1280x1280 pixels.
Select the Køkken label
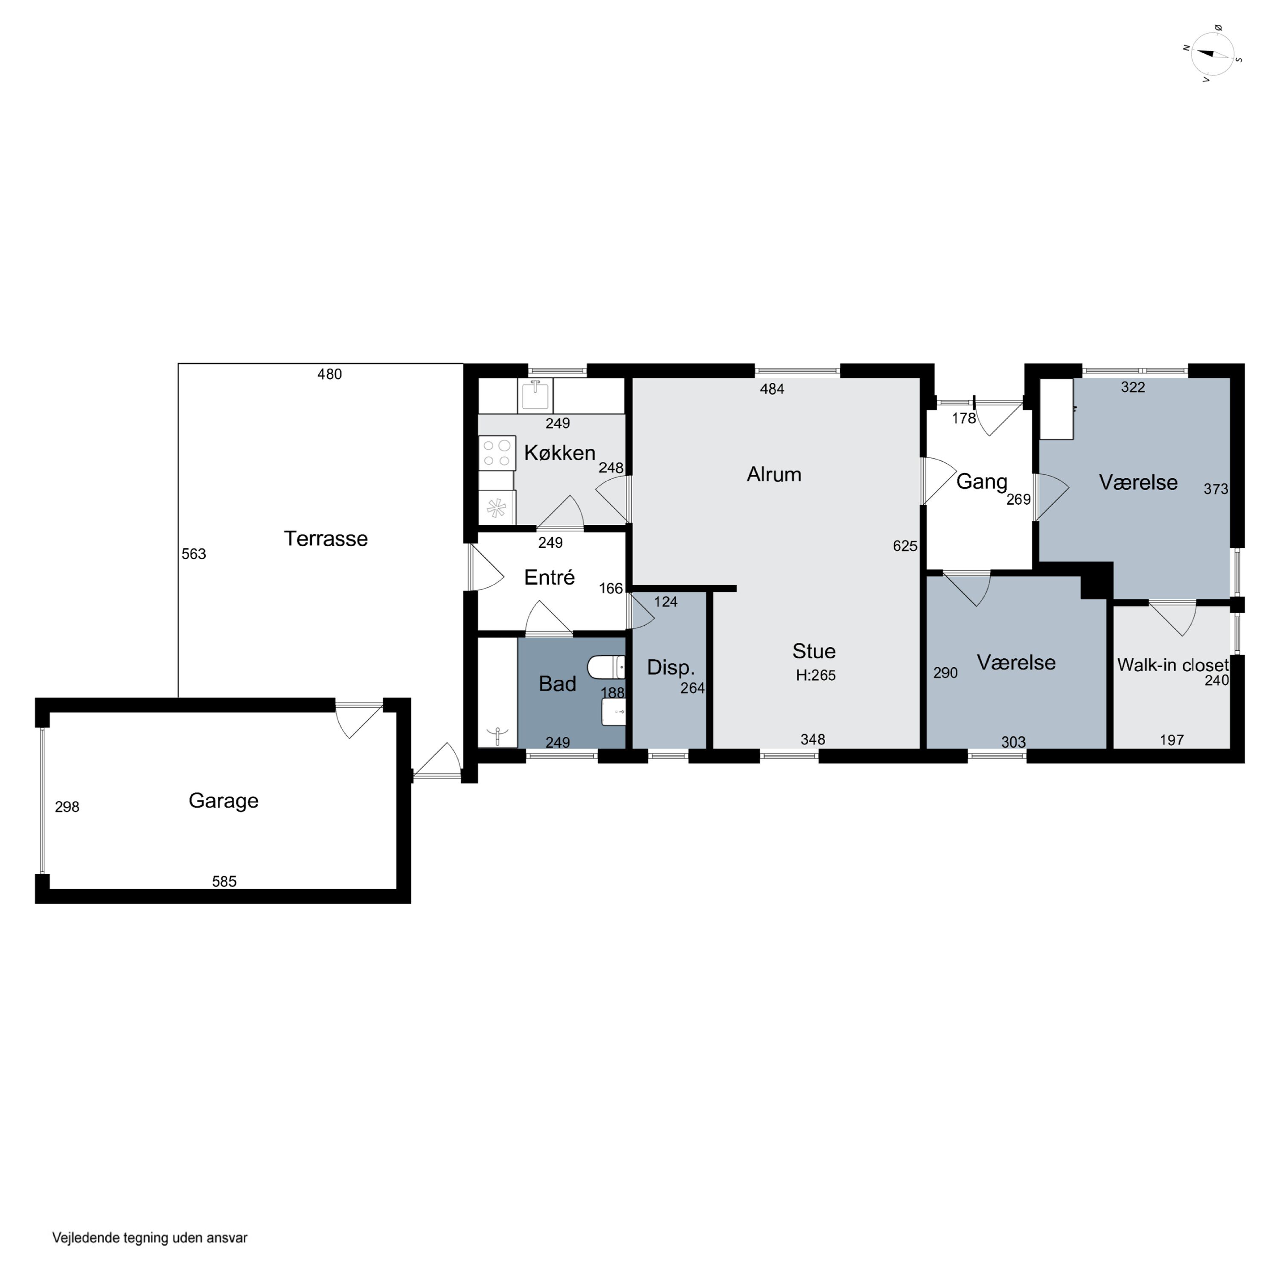[559, 453]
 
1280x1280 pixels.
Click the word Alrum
[774, 474]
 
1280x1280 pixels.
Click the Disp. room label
[670, 667]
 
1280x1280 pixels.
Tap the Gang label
[981, 482]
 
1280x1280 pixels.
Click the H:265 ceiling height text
[815, 675]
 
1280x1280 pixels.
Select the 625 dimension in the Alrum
[905, 546]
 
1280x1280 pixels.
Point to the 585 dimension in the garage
[224, 881]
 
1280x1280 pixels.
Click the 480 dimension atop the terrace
[329, 374]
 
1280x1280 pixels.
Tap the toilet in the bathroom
[605, 667]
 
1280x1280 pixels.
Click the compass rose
[1213, 54]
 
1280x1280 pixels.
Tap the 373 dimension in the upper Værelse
[1216, 489]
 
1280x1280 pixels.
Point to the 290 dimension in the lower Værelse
[945, 673]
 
